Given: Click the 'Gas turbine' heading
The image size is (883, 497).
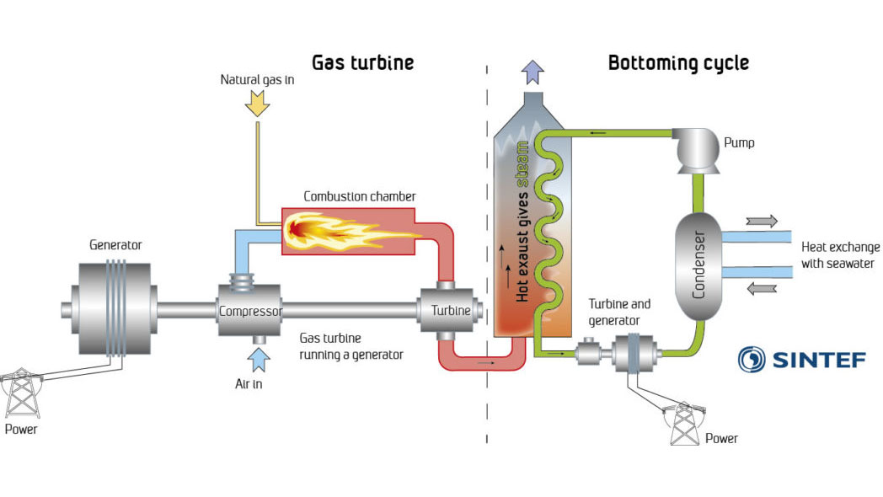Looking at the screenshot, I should (x=363, y=63).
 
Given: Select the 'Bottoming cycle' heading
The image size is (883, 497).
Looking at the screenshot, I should (x=678, y=63).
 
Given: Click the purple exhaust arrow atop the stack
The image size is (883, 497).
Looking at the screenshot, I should (x=532, y=72).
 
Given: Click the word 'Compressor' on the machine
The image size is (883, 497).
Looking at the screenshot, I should (x=250, y=311).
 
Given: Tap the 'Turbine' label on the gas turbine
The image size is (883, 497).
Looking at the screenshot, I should (x=451, y=311).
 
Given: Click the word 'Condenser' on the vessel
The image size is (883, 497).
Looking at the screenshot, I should (x=698, y=265).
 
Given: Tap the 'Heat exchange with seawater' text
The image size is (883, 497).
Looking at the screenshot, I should (x=838, y=255).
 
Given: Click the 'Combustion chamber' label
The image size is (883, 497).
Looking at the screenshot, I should (x=360, y=196).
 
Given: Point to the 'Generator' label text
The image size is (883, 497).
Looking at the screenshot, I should (x=115, y=245).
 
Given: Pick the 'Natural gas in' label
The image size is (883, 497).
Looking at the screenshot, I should (x=258, y=80).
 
